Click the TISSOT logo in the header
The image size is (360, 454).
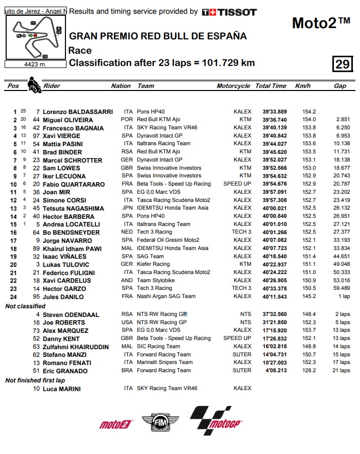click(x=229, y=12)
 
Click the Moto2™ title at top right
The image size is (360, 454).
click(x=321, y=23)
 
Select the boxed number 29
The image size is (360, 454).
click(x=342, y=63)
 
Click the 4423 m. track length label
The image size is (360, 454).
click(x=35, y=64)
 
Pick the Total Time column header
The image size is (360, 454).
click(x=271, y=86)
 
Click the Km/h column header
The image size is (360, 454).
click(x=303, y=86)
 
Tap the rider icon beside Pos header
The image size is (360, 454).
click(x=34, y=85)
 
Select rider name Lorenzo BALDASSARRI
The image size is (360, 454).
click(x=71, y=111)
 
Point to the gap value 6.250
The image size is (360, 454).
click(x=343, y=128)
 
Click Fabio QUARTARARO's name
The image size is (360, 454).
click(x=74, y=184)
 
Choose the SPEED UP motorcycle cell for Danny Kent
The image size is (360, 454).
click(x=237, y=338)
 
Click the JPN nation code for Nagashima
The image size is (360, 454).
click(x=128, y=208)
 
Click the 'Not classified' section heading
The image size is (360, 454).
click(x=26, y=306)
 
